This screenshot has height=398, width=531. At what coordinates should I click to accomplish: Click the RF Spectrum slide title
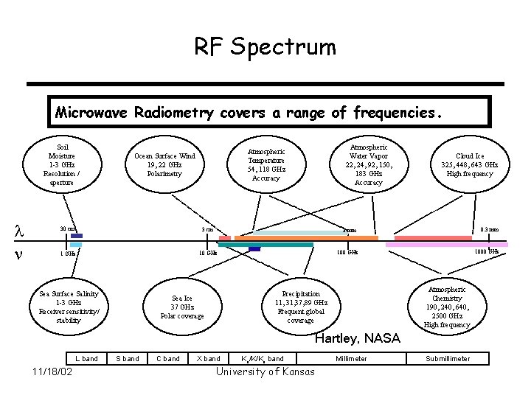[265, 47]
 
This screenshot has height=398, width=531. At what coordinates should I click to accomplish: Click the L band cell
[86, 359]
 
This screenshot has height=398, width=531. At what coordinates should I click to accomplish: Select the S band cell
[128, 359]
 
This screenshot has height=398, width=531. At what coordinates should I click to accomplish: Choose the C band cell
[168, 359]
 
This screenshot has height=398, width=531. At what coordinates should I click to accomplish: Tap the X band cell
[209, 359]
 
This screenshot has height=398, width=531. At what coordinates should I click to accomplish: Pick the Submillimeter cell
[448, 359]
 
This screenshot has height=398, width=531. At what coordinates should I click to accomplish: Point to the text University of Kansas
[265, 371]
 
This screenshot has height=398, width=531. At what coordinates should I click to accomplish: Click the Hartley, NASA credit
[357, 339]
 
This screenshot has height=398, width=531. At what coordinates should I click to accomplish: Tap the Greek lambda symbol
[20, 231]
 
